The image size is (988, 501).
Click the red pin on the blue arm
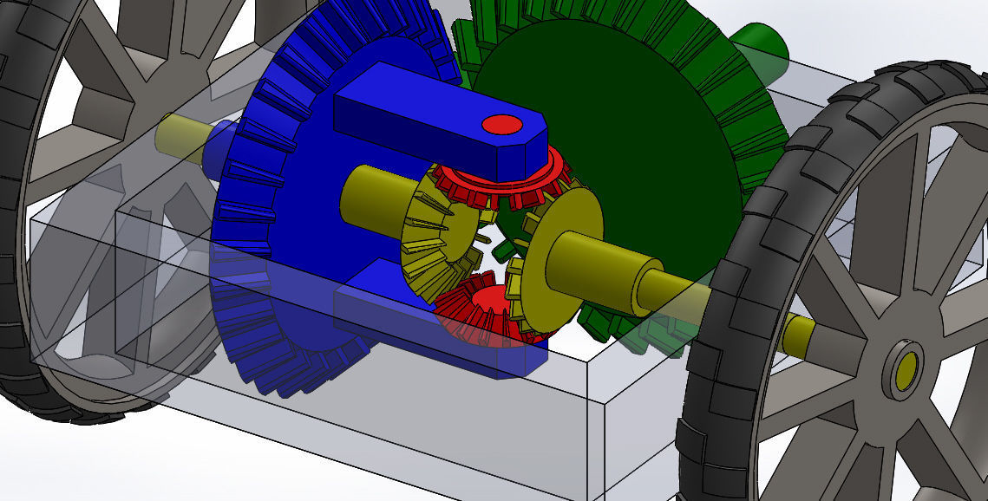click(501, 125)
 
